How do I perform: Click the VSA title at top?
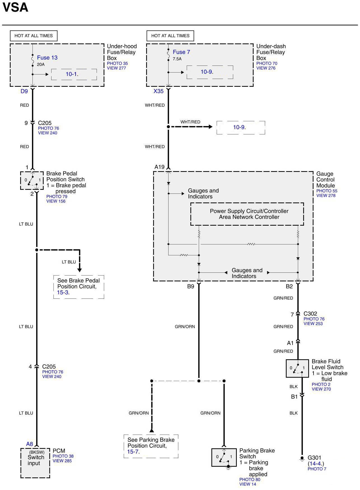(x=15, y=8)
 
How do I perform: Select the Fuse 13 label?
(x=47, y=58)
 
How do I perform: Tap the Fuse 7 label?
(x=181, y=52)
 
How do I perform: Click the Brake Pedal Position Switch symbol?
(x=32, y=180)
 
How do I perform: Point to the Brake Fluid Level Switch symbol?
(x=297, y=368)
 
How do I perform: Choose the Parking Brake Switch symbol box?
(x=224, y=457)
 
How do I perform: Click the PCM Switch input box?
(x=35, y=463)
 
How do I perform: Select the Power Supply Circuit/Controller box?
(x=247, y=214)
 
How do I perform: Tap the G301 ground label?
(x=314, y=458)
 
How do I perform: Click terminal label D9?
(x=24, y=91)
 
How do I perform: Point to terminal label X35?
(x=158, y=91)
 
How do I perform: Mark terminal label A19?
(x=159, y=167)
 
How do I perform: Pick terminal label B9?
(x=190, y=286)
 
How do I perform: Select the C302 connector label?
(x=310, y=314)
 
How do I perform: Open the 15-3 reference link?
(x=62, y=292)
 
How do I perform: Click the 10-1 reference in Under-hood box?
(x=71, y=74)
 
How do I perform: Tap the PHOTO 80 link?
(x=250, y=479)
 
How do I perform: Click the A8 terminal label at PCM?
(x=29, y=444)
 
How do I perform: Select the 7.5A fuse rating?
(x=177, y=59)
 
